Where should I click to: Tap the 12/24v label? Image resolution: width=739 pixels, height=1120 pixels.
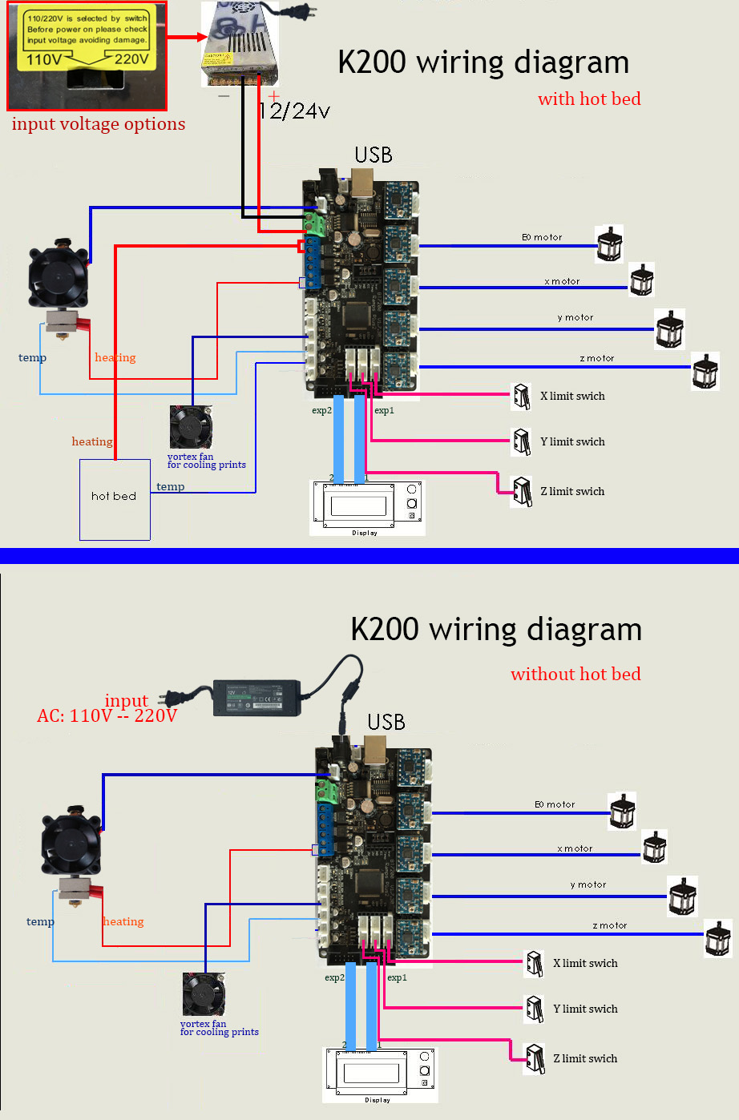click(x=295, y=111)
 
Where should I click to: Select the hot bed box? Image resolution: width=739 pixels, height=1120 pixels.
click(x=115, y=499)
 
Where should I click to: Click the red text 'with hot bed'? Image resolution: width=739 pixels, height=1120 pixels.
click(x=589, y=99)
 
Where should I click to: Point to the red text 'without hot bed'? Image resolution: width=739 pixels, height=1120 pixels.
click(x=575, y=675)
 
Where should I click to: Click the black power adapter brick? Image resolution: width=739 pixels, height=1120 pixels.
click(x=256, y=697)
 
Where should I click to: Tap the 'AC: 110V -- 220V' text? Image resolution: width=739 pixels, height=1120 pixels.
click(x=107, y=715)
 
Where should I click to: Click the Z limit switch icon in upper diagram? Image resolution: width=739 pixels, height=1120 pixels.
click(x=523, y=491)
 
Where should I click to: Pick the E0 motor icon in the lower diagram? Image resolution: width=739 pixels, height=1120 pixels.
click(x=623, y=812)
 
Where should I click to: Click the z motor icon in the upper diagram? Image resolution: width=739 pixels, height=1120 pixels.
click(x=705, y=371)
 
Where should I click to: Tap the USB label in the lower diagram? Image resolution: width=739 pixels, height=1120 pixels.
click(x=386, y=722)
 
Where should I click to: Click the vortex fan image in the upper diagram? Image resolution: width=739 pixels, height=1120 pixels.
click(x=191, y=427)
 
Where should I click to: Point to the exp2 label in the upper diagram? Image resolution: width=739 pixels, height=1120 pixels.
click(x=321, y=411)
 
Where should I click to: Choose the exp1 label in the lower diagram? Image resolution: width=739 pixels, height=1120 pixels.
click(x=397, y=978)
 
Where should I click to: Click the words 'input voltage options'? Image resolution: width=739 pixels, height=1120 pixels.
click(x=98, y=124)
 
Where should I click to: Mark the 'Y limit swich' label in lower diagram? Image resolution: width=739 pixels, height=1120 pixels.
click(x=585, y=1009)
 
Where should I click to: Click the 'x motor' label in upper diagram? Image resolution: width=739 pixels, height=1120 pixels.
click(x=562, y=282)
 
